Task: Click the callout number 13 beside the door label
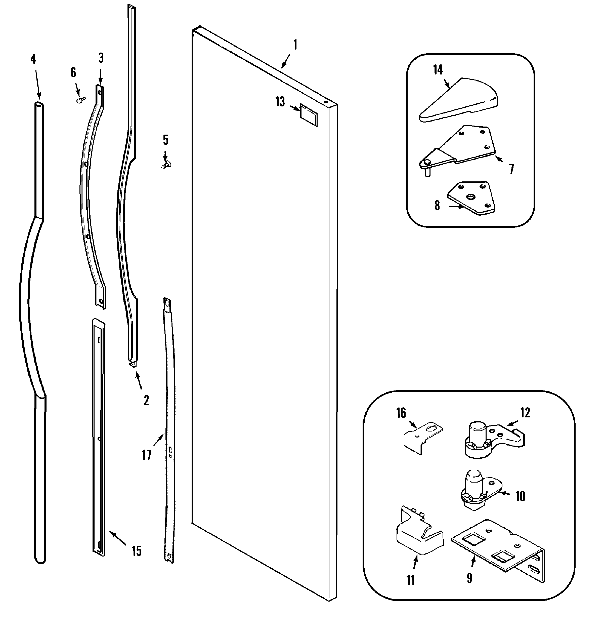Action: (280, 102)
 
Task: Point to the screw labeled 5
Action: (166, 165)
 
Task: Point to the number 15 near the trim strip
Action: (136, 551)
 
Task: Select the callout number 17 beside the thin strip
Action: (147, 455)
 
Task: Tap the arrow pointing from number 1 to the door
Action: (285, 61)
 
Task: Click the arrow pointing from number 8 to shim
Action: (456, 207)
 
